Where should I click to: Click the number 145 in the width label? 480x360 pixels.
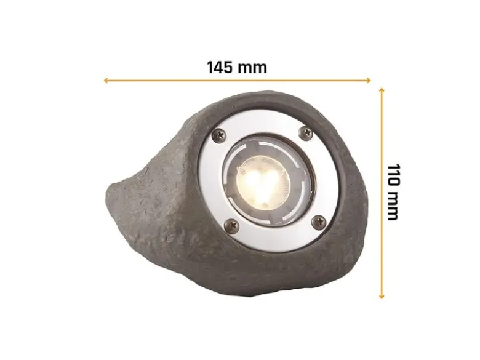[220, 67]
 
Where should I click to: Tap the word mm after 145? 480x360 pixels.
[252, 68]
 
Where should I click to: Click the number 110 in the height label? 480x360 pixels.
[393, 175]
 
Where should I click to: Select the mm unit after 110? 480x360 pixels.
[393, 206]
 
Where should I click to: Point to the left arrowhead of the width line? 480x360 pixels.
[106, 81]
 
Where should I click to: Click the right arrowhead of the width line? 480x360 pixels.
[369, 81]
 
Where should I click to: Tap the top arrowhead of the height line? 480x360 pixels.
[382, 90]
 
